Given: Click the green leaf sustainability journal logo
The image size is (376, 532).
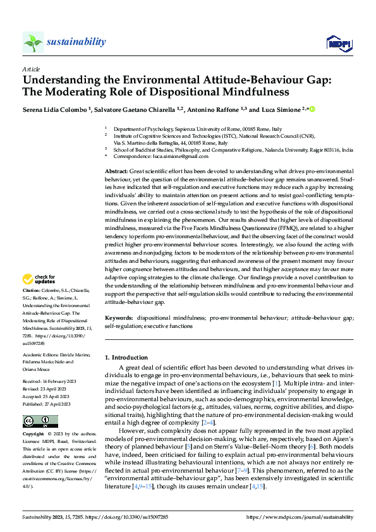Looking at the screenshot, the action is pyautogui.click(x=33, y=42).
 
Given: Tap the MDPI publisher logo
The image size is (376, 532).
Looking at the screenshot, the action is pyautogui.click(x=339, y=43).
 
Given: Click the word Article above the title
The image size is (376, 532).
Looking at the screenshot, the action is pyautogui.click(x=31, y=69).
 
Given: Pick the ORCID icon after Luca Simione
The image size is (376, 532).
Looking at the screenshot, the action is pyautogui.click(x=312, y=109).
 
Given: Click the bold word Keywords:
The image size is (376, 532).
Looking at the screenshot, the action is pyautogui.click(x=119, y=318).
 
